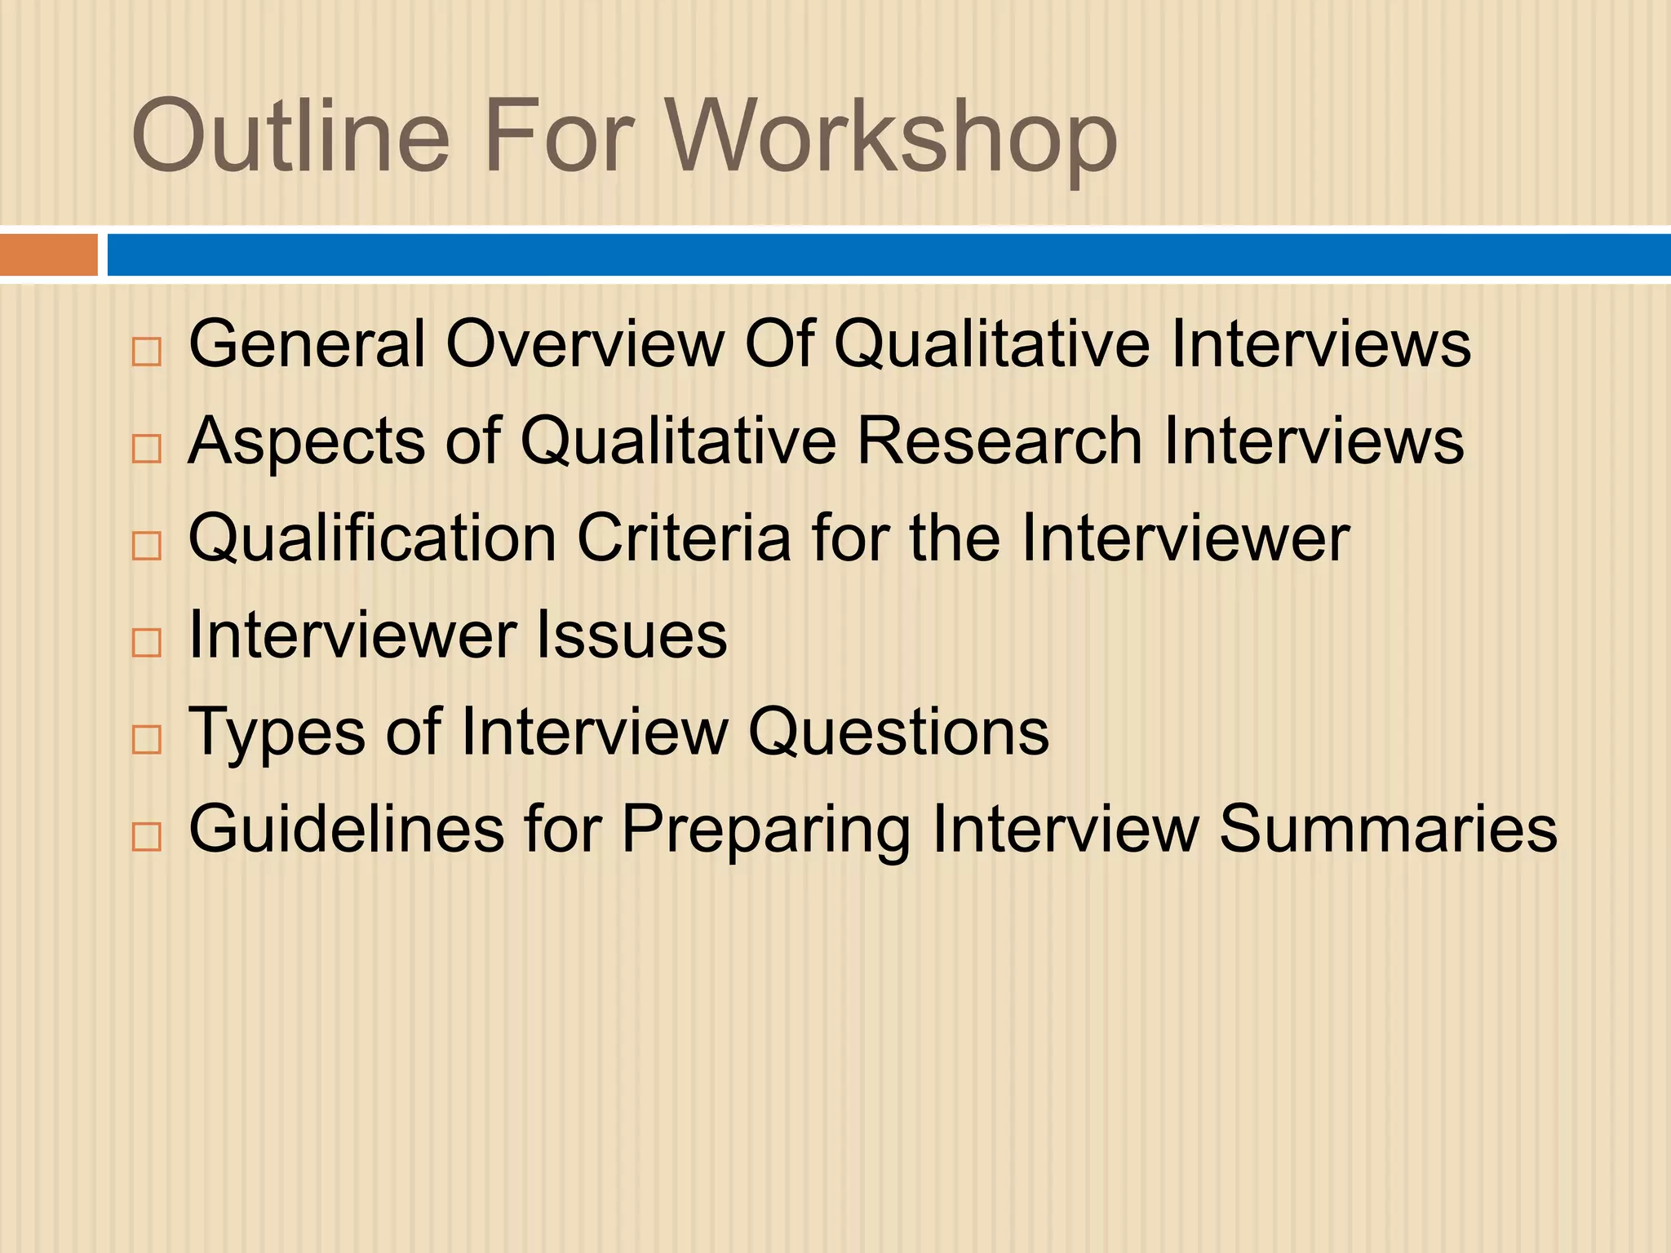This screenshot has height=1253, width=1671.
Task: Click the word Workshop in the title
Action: point(892,137)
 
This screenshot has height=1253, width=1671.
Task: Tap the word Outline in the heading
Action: point(290,137)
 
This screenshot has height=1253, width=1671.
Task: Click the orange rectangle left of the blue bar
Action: point(48,255)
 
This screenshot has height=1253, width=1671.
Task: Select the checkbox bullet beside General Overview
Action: point(147,352)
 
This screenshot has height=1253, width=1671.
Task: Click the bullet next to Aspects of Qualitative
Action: point(147,449)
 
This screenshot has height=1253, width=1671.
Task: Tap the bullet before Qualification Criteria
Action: point(147,546)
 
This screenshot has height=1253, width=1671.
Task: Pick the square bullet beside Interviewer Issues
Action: point(147,643)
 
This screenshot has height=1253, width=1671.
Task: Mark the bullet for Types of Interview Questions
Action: point(147,740)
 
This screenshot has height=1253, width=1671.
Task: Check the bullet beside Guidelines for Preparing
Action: point(147,837)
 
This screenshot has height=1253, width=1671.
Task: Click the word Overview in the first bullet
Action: point(585,344)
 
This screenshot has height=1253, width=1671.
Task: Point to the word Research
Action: point(999,441)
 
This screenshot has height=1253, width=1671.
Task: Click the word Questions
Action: point(898,733)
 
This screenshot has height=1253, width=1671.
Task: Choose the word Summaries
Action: point(1388,830)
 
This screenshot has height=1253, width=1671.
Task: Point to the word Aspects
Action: point(307,441)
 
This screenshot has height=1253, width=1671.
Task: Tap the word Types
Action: point(277,733)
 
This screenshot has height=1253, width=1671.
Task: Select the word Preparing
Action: point(765,830)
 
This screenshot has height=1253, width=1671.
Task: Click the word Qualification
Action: point(373,538)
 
